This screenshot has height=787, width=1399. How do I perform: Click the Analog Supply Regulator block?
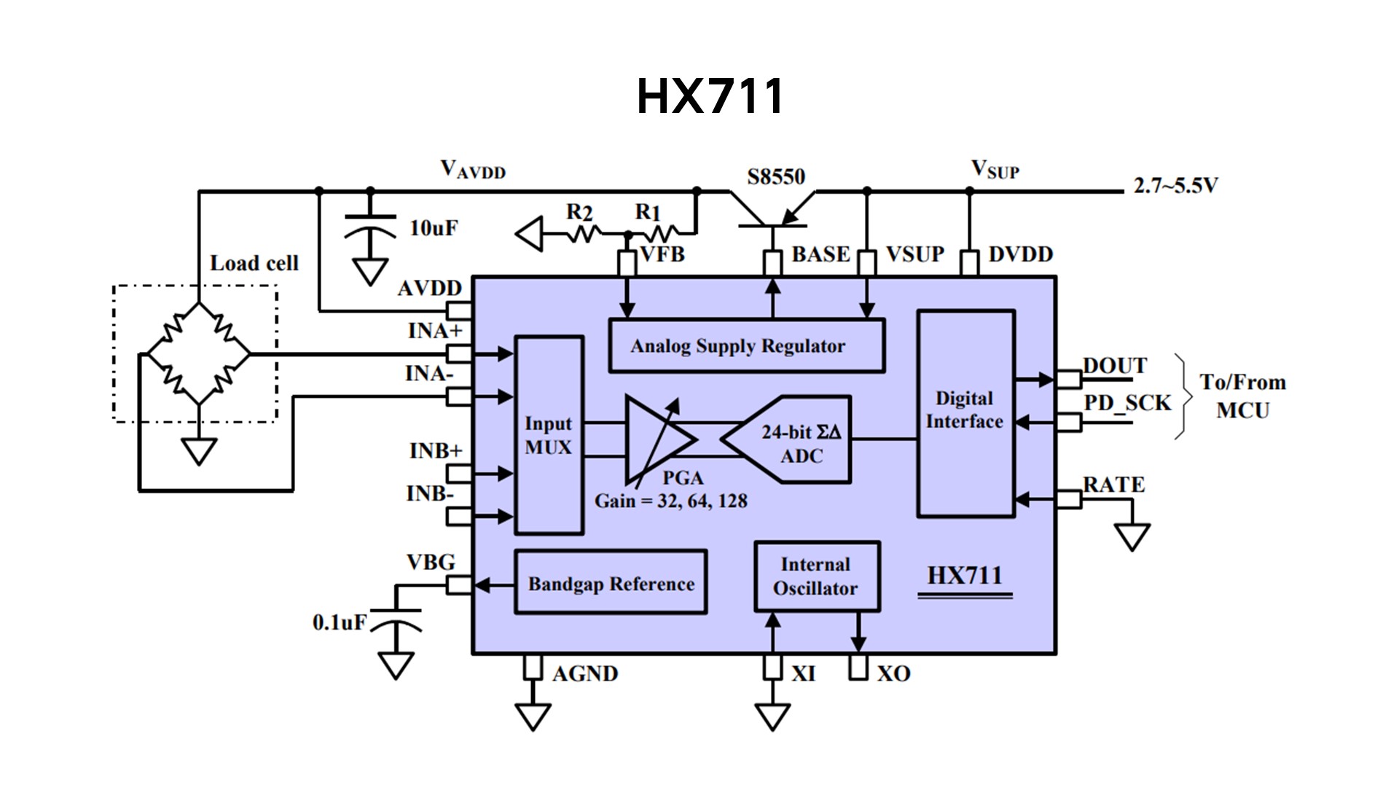747,345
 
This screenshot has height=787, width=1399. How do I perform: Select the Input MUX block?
549,435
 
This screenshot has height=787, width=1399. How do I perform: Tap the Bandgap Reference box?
611,582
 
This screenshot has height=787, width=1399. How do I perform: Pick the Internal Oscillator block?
817,576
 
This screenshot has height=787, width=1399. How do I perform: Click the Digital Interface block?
965,413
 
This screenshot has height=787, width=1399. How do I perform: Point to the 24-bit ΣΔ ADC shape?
787,439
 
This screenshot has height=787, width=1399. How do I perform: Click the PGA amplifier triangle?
659,439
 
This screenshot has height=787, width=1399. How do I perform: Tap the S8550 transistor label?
776,177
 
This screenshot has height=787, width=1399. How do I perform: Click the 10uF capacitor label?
434,228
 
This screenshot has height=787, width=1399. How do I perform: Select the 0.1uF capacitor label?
340,622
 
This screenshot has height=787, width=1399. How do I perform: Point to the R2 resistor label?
580,212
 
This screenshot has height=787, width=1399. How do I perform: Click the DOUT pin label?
1115,365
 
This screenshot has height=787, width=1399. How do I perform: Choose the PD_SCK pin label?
1127,403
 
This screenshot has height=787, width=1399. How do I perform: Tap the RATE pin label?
1114,485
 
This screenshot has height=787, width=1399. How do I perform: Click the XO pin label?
893,673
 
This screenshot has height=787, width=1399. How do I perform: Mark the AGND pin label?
585,673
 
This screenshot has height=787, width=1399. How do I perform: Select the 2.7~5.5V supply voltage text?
1175,186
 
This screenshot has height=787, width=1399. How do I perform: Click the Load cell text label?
254,263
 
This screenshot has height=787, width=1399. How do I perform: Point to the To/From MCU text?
1243,396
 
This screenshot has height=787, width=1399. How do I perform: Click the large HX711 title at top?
710,96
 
